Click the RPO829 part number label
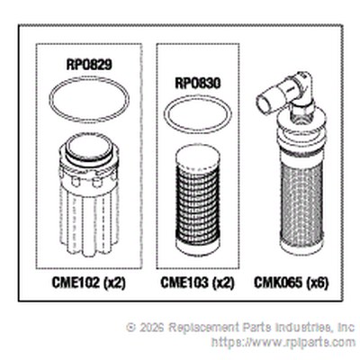[x=89, y=65]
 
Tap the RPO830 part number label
[x=198, y=84]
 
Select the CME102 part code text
[x=76, y=283]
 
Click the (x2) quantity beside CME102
[x=114, y=283]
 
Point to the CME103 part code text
[x=184, y=283]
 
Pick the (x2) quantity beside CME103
[x=223, y=283]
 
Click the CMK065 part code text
[x=278, y=283]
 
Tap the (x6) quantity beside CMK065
[x=317, y=283]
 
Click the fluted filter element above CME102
[x=89, y=194]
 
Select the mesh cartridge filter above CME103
[x=198, y=202]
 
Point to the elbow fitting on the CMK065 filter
[x=285, y=93]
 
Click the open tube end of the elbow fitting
[x=263, y=103]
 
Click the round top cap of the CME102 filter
[x=89, y=148]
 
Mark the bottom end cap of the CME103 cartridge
[x=198, y=247]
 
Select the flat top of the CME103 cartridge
[x=198, y=157]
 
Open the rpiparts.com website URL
[x=283, y=342]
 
